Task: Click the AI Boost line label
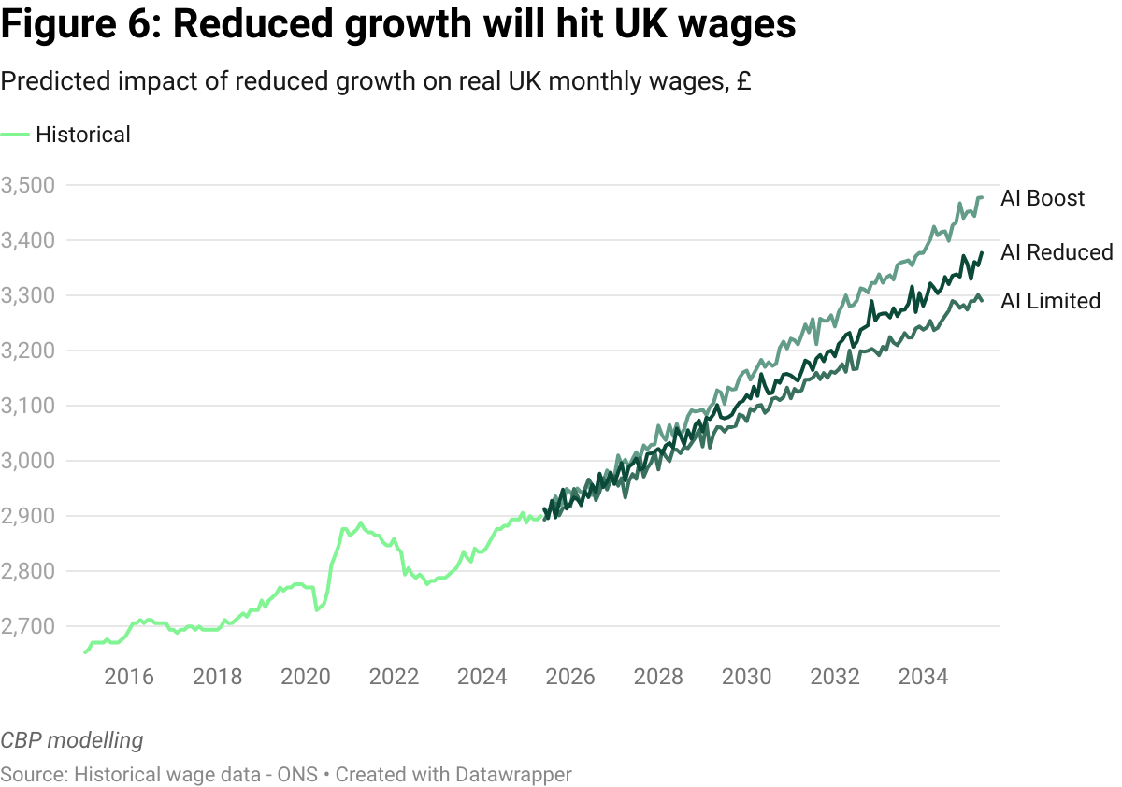coord(1043,198)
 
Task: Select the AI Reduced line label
coord(1057,252)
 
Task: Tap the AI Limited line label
coord(1050,301)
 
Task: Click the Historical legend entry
coord(82,135)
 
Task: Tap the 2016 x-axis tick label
coord(128,675)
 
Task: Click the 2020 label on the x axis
coord(305,675)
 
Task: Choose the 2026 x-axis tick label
coord(569,675)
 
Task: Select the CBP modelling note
coord(72,741)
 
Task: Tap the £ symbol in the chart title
coord(743,82)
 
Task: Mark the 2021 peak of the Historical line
coord(361,522)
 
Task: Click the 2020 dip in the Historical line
coord(318,610)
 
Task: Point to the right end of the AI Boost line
coord(981,197)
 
